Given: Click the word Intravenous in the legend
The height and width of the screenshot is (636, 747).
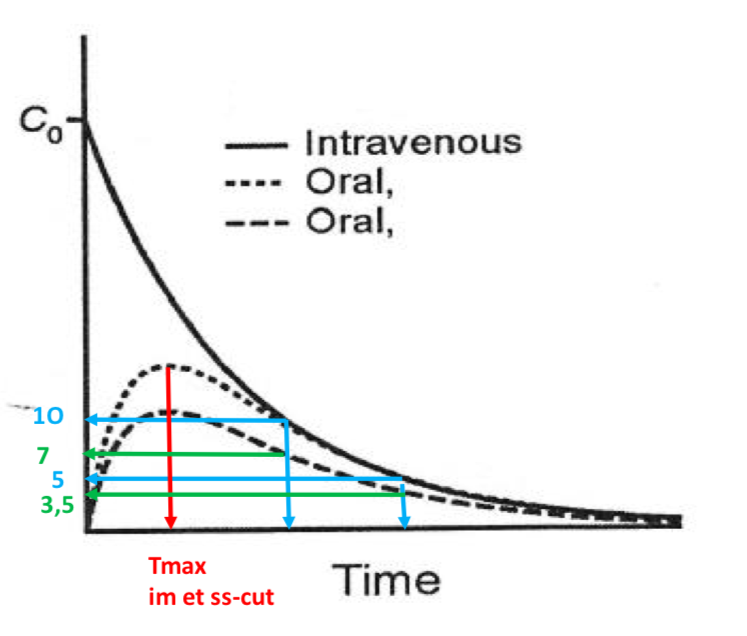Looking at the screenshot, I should pos(412,142).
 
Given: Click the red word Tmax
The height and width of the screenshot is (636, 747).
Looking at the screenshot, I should pos(178,568).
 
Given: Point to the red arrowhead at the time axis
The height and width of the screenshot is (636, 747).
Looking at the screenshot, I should pos(171,521).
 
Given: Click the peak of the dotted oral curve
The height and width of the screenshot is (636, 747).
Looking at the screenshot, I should pos(170,365).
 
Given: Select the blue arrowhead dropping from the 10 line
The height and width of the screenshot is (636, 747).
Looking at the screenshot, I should pos(289,521).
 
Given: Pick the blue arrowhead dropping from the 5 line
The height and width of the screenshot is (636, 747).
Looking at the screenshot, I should pos(404,521).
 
